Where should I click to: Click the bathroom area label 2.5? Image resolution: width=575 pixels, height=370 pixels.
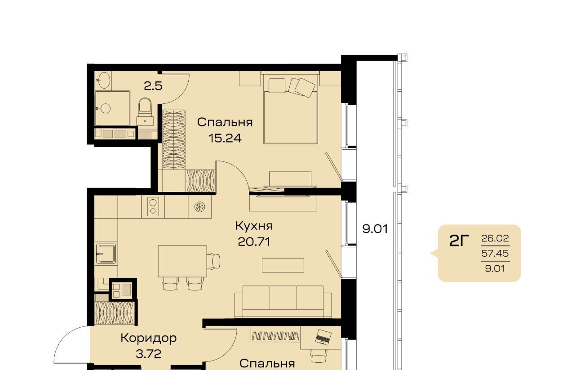point(153,86)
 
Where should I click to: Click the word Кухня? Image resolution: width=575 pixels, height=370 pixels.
point(254,226)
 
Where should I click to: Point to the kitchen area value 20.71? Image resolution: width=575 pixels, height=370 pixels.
point(254,242)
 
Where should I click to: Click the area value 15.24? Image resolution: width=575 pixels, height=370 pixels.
point(225,138)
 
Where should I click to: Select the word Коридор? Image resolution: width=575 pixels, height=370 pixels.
point(148,339)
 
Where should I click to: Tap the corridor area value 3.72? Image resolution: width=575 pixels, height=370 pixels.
point(148,354)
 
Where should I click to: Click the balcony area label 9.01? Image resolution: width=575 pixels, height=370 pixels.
point(375,229)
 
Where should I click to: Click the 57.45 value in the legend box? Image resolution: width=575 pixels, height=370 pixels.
point(495,254)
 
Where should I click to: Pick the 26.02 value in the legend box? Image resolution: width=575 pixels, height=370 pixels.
point(495,238)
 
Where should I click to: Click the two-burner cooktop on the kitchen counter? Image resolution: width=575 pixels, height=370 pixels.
point(153,207)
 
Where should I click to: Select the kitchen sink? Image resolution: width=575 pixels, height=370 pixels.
point(106,254)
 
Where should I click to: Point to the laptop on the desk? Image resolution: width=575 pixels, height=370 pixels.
point(323,337)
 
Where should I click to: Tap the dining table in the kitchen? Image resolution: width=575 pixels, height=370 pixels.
point(182,261)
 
